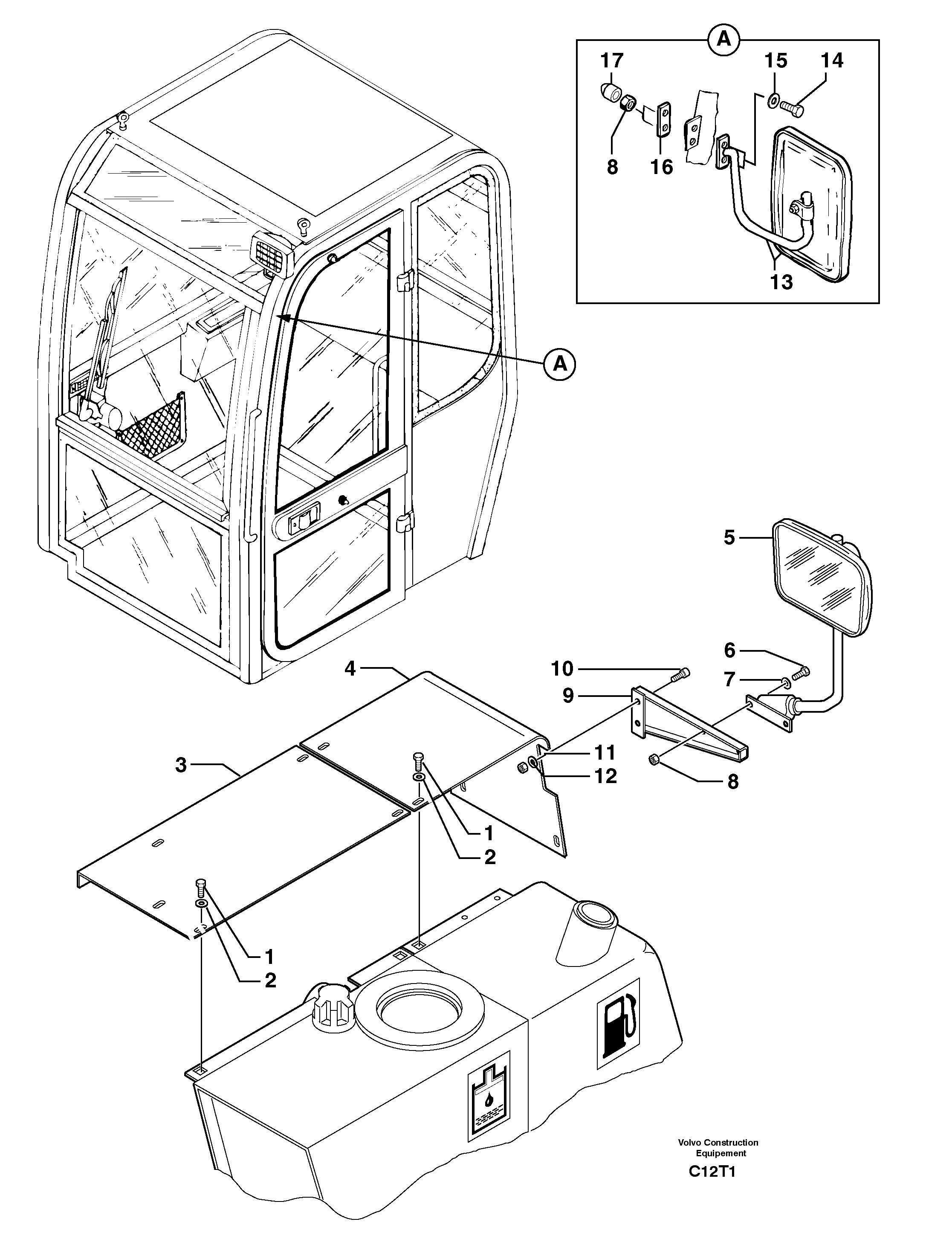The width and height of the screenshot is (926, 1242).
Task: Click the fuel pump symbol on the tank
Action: (x=620, y=1025)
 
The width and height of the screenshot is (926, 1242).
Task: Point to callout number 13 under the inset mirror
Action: (x=781, y=281)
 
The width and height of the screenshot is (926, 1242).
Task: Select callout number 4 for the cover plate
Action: (x=350, y=668)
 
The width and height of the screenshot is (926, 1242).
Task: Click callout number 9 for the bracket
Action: (x=568, y=696)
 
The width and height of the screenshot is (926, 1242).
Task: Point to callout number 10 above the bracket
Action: (x=562, y=668)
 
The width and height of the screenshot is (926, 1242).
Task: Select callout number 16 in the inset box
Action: (x=662, y=167)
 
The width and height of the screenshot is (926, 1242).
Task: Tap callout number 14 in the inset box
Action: (x=832, y=60)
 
